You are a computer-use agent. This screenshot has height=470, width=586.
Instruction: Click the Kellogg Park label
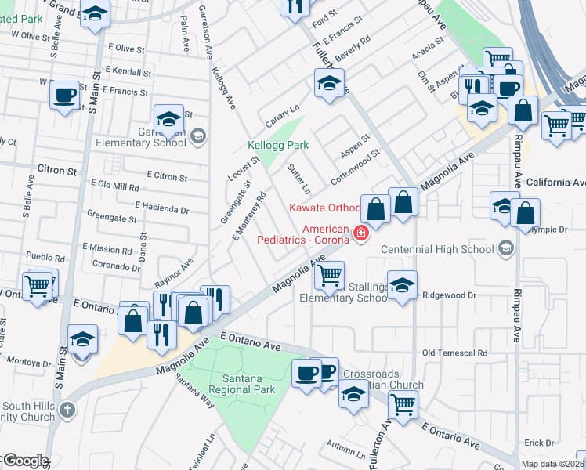[278, 146]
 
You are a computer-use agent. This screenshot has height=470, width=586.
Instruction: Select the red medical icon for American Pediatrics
[361, 233]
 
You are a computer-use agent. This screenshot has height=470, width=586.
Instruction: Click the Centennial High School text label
[437, 249]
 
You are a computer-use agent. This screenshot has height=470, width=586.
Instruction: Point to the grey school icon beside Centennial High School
[505, 249]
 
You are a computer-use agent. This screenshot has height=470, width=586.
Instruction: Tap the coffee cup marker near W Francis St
[64, 96]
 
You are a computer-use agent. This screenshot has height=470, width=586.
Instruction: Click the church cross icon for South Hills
[68, 410]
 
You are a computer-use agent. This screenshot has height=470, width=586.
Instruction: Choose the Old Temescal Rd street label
[454, 353]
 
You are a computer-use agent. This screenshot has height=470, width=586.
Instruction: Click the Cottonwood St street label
[354, 167]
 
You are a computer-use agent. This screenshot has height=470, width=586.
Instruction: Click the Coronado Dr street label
[115, 265]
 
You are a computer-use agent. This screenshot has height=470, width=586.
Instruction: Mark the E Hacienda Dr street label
[161, 209]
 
